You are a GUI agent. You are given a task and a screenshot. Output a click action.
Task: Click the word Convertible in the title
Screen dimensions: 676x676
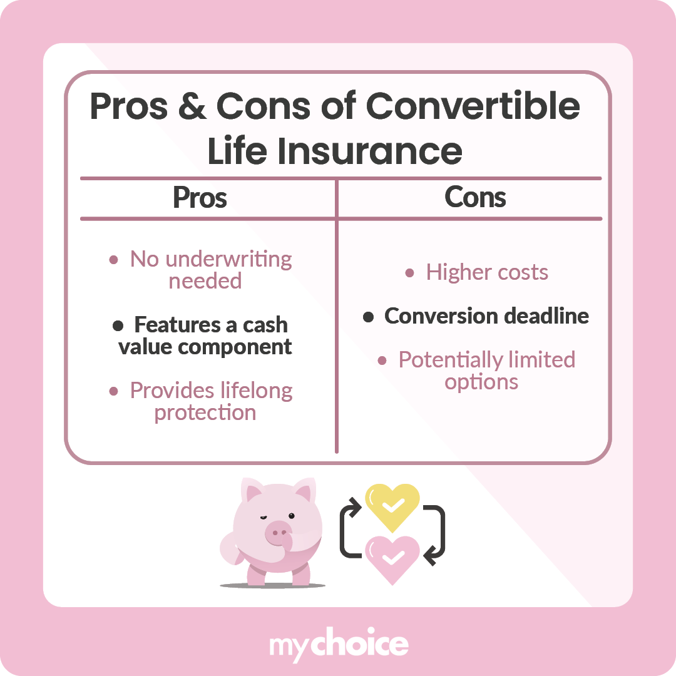473,107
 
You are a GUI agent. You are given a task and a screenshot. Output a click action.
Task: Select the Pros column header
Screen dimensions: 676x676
200,198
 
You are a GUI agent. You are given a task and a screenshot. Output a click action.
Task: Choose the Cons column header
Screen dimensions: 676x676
475,198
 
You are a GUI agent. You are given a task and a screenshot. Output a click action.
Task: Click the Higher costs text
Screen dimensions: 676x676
487,272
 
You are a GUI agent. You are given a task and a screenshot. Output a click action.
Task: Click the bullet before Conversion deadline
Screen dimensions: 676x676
369,317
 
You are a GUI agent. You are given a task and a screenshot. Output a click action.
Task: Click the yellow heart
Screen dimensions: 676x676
392,506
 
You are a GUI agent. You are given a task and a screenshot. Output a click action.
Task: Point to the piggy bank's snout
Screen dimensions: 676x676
278,533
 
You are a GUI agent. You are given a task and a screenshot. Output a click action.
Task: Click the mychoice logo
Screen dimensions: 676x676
339,645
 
